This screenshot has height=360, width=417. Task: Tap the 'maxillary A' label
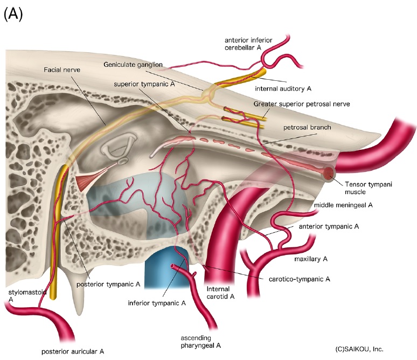(x=311, y=259)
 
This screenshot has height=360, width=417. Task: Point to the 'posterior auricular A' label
(x=73, y=351)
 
